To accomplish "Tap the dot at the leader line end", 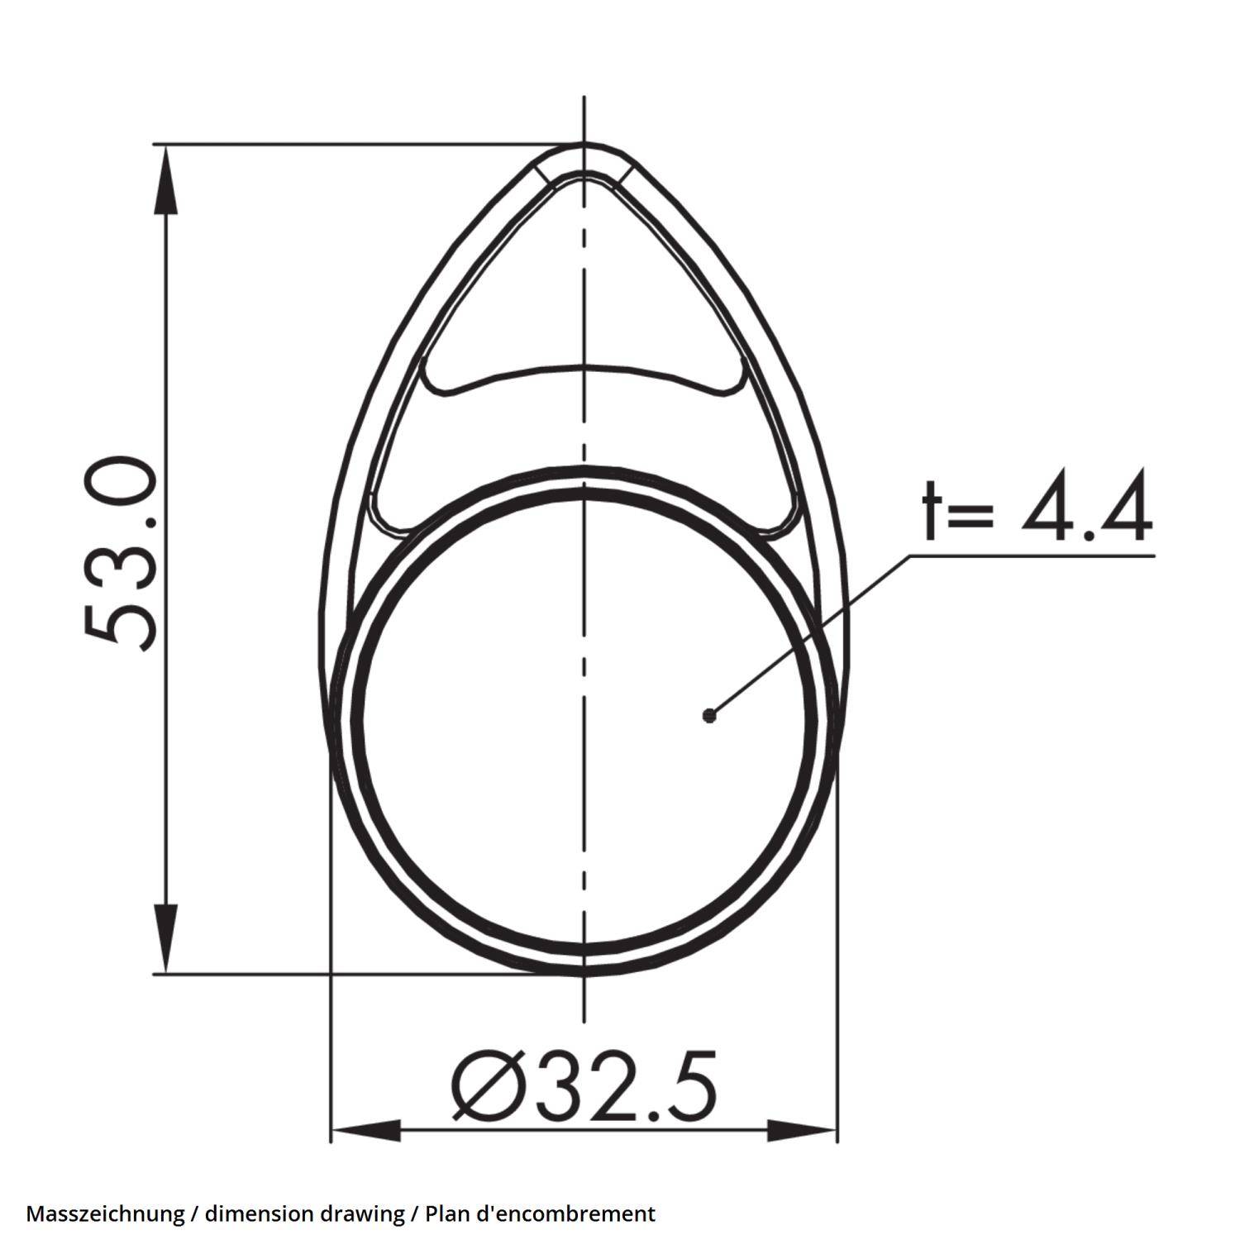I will pos(708,715).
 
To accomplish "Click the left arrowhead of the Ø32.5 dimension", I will pos(364,1130).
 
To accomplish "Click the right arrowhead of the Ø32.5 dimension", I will pos(804,1130).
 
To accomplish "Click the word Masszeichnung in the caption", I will pos(105,1214).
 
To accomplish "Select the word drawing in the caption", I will pos(360,1214).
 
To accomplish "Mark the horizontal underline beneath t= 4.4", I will pos(1033,556).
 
